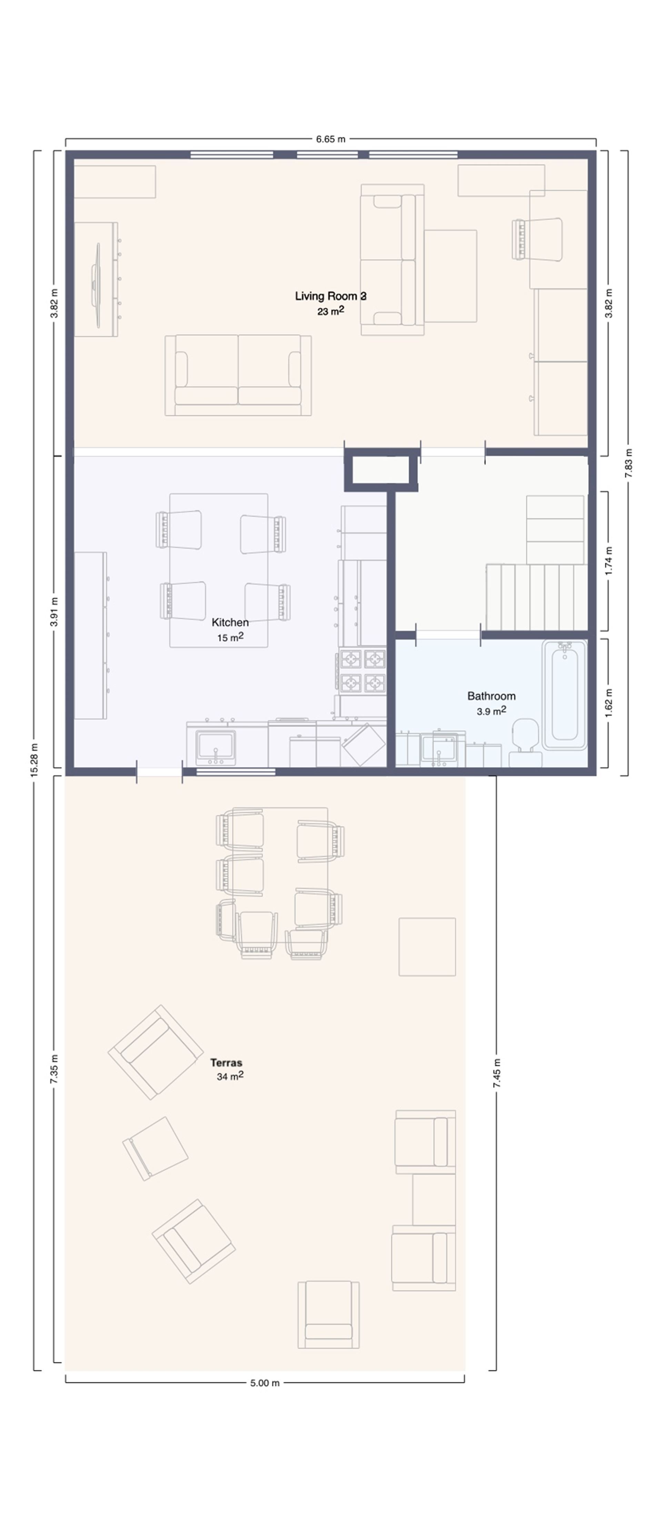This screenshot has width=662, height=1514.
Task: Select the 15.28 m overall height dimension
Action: tap(34, 760)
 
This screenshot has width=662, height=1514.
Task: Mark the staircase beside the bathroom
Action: tap(536, 596)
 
